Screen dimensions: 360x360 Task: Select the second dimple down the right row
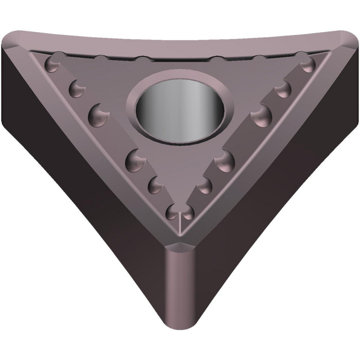pos(283,87)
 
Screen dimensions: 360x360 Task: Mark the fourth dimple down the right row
pos(225,159)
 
